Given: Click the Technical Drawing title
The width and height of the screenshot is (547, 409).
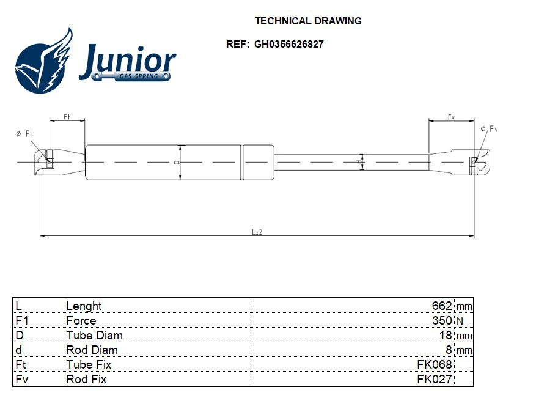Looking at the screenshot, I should tap(308, 21).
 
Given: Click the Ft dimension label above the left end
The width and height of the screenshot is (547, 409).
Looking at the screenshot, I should tap(67, 116).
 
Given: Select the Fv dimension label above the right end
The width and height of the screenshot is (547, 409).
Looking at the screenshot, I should tap(451, 116).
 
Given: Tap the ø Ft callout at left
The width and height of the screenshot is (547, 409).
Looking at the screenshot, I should tap(24, 134).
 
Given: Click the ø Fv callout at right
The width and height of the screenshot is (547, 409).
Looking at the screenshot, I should tap(490, 129).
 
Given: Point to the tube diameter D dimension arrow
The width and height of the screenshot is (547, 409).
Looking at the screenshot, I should tap(180, 163).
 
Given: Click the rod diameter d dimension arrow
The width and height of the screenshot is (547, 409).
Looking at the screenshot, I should tap(361, 162).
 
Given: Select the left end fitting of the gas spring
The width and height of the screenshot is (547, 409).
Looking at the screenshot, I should tap(58, 162).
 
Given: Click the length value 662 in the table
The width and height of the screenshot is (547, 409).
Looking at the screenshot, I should tap(441, 306).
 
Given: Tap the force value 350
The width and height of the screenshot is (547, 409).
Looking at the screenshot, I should tap(441, 320).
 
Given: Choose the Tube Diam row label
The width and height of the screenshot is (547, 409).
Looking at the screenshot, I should tap(94, 335).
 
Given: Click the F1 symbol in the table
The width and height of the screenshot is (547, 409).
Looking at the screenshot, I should tap(21, 320).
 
